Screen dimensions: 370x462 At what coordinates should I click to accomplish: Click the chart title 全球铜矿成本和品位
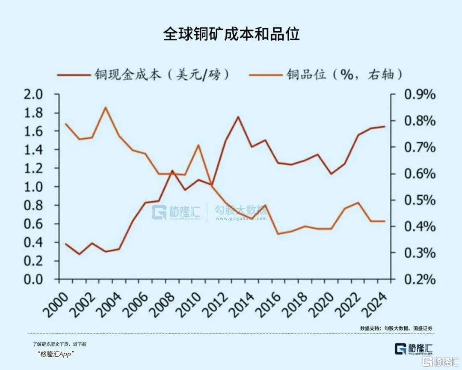[x=231, y=34]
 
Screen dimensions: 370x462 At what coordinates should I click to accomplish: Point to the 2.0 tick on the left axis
[x=33, y=95]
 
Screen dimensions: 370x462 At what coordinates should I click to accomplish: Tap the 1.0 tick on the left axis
[x=33, y=187]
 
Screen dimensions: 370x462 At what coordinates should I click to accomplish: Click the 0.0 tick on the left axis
[x=33, y=280]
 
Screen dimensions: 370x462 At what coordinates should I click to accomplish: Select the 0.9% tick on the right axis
[x=420, y=95]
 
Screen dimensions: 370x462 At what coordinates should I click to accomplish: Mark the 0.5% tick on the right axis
[x=420, y=200]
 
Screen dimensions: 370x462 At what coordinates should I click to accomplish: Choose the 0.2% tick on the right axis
[x=420, y=280]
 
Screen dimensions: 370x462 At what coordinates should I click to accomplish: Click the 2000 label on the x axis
[x=58, y=304]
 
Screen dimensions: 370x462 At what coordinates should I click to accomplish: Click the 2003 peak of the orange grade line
[x=106, y=107]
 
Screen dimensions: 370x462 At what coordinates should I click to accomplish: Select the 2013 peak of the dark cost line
[x=238, y=117]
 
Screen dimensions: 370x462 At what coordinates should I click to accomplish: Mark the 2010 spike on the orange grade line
[x=198, y=145]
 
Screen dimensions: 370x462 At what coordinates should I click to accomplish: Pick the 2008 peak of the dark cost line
[x=172, y=170]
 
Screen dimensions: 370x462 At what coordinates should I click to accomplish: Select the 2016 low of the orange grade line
[x=278, y=234]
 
